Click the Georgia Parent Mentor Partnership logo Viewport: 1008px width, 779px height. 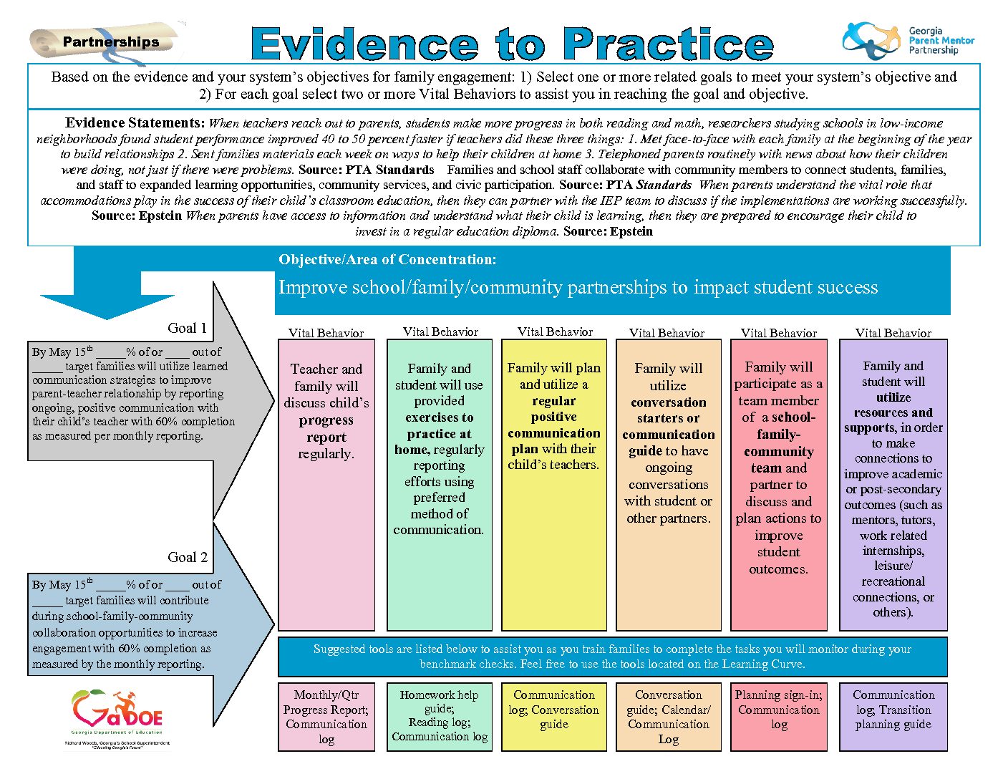coord(908,41)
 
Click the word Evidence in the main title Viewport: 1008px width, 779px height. coord(365,44)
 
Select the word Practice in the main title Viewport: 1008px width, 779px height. coord(669,44)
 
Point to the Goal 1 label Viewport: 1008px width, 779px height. coord(187,328)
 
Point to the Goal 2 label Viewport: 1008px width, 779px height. coord(188,557)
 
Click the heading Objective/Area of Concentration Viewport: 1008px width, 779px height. coord(387,259)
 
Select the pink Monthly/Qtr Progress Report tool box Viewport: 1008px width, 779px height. coord(326,717)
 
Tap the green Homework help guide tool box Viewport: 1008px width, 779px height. coord(440,717)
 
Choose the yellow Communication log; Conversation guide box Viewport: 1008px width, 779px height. coord(554,717)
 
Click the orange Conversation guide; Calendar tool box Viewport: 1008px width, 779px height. coord(669,717)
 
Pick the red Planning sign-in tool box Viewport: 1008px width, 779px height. coord(779,717)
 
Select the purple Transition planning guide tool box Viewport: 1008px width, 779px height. coord(893,717)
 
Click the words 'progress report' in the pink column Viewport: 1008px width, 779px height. coord(326,428)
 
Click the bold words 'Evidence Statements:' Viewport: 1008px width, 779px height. coord(135,122)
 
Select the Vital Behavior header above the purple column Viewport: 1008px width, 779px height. coord(893,333)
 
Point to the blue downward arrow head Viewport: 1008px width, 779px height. coord(107,306)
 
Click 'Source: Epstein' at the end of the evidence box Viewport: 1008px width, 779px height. coord(608,231)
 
